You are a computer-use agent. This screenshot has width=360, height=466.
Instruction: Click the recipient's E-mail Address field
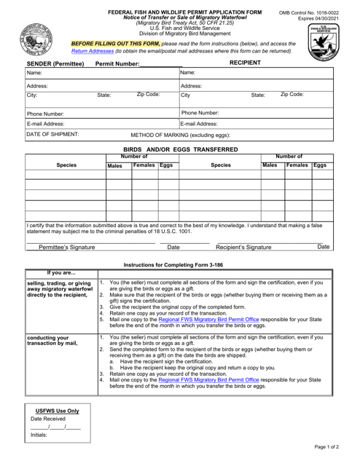pyautogui.click(x=266, y=125)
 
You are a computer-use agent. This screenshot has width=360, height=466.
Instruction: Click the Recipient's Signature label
pyautogui.click(x=240, y=248)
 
